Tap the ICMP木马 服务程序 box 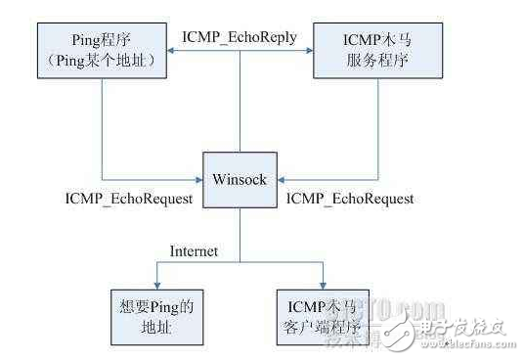[x=371, y=52]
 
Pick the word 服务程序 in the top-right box [x=371, y=63]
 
